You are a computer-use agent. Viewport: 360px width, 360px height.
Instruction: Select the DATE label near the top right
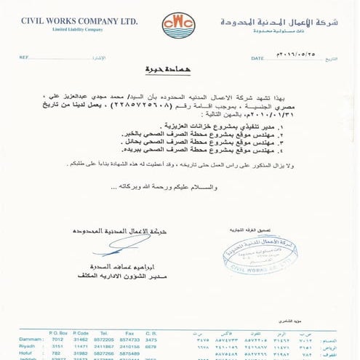point(257,57)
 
